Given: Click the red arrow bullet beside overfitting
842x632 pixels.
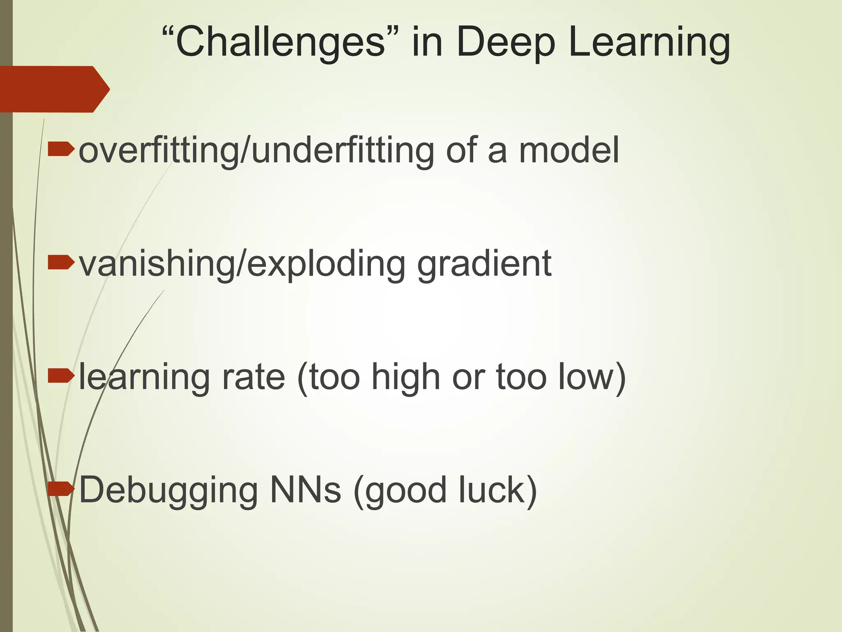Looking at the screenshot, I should [x=61, y=150].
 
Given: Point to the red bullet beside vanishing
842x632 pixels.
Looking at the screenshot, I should [x=61, y=263].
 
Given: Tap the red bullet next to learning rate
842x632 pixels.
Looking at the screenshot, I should [x=61, y=376].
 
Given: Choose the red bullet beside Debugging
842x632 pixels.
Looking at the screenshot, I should [x=61, y=489].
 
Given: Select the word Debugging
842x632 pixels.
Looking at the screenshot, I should [x=169, y=490].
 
